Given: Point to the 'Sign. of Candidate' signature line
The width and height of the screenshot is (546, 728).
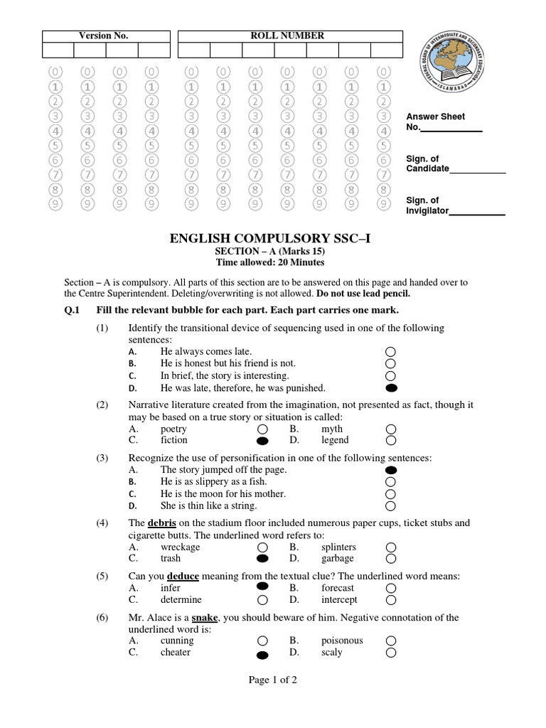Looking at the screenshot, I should [x=478, y=171].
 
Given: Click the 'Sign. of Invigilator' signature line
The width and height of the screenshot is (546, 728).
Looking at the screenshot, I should [x=478, y=212].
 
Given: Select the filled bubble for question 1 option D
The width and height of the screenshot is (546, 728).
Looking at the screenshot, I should [x=390, y=388].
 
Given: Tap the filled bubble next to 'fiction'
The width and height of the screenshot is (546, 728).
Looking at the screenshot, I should [x=262, y=441].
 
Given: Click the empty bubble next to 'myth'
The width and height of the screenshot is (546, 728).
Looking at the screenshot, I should [x=390, y=429].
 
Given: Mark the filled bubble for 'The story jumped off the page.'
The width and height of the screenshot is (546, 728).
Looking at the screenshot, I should [x=390, y=471].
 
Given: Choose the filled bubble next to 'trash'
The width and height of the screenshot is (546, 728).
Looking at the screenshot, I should [x=262, y=560].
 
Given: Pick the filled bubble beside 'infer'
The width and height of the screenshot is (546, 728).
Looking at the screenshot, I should [x=262, y=587].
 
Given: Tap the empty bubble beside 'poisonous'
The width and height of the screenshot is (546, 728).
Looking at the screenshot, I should [x=390, y=641].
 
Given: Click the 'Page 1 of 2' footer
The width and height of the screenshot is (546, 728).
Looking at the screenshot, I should [x=272, y=680].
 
